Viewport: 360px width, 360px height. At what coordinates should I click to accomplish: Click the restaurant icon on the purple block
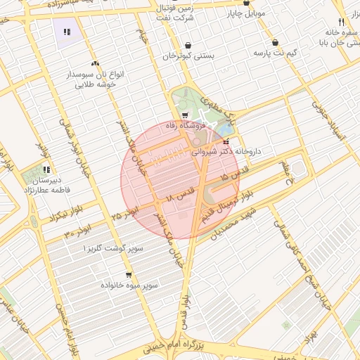[x=67, y=32]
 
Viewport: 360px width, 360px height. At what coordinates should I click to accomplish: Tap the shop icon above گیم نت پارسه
[x=274, y=42]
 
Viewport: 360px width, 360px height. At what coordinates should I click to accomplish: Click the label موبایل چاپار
[x=244, y=13]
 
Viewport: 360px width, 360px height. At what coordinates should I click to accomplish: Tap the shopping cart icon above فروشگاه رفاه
[x=184, y=115]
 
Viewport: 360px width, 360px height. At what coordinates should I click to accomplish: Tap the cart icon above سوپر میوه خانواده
[x=128, y=275]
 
